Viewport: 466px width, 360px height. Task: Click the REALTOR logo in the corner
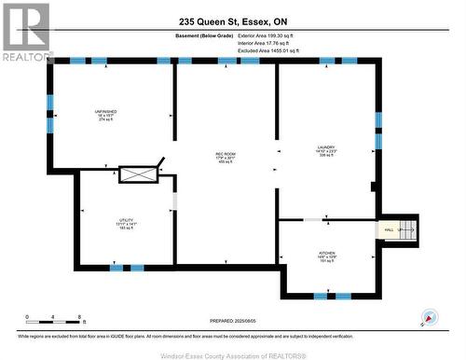[x=25, y=32]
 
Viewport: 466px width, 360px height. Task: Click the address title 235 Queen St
[x=232, y=21]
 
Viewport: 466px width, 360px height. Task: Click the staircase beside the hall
[x=406, y=229]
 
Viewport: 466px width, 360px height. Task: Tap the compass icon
[x=429, y=317]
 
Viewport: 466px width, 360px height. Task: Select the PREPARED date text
[x=232, y=320]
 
